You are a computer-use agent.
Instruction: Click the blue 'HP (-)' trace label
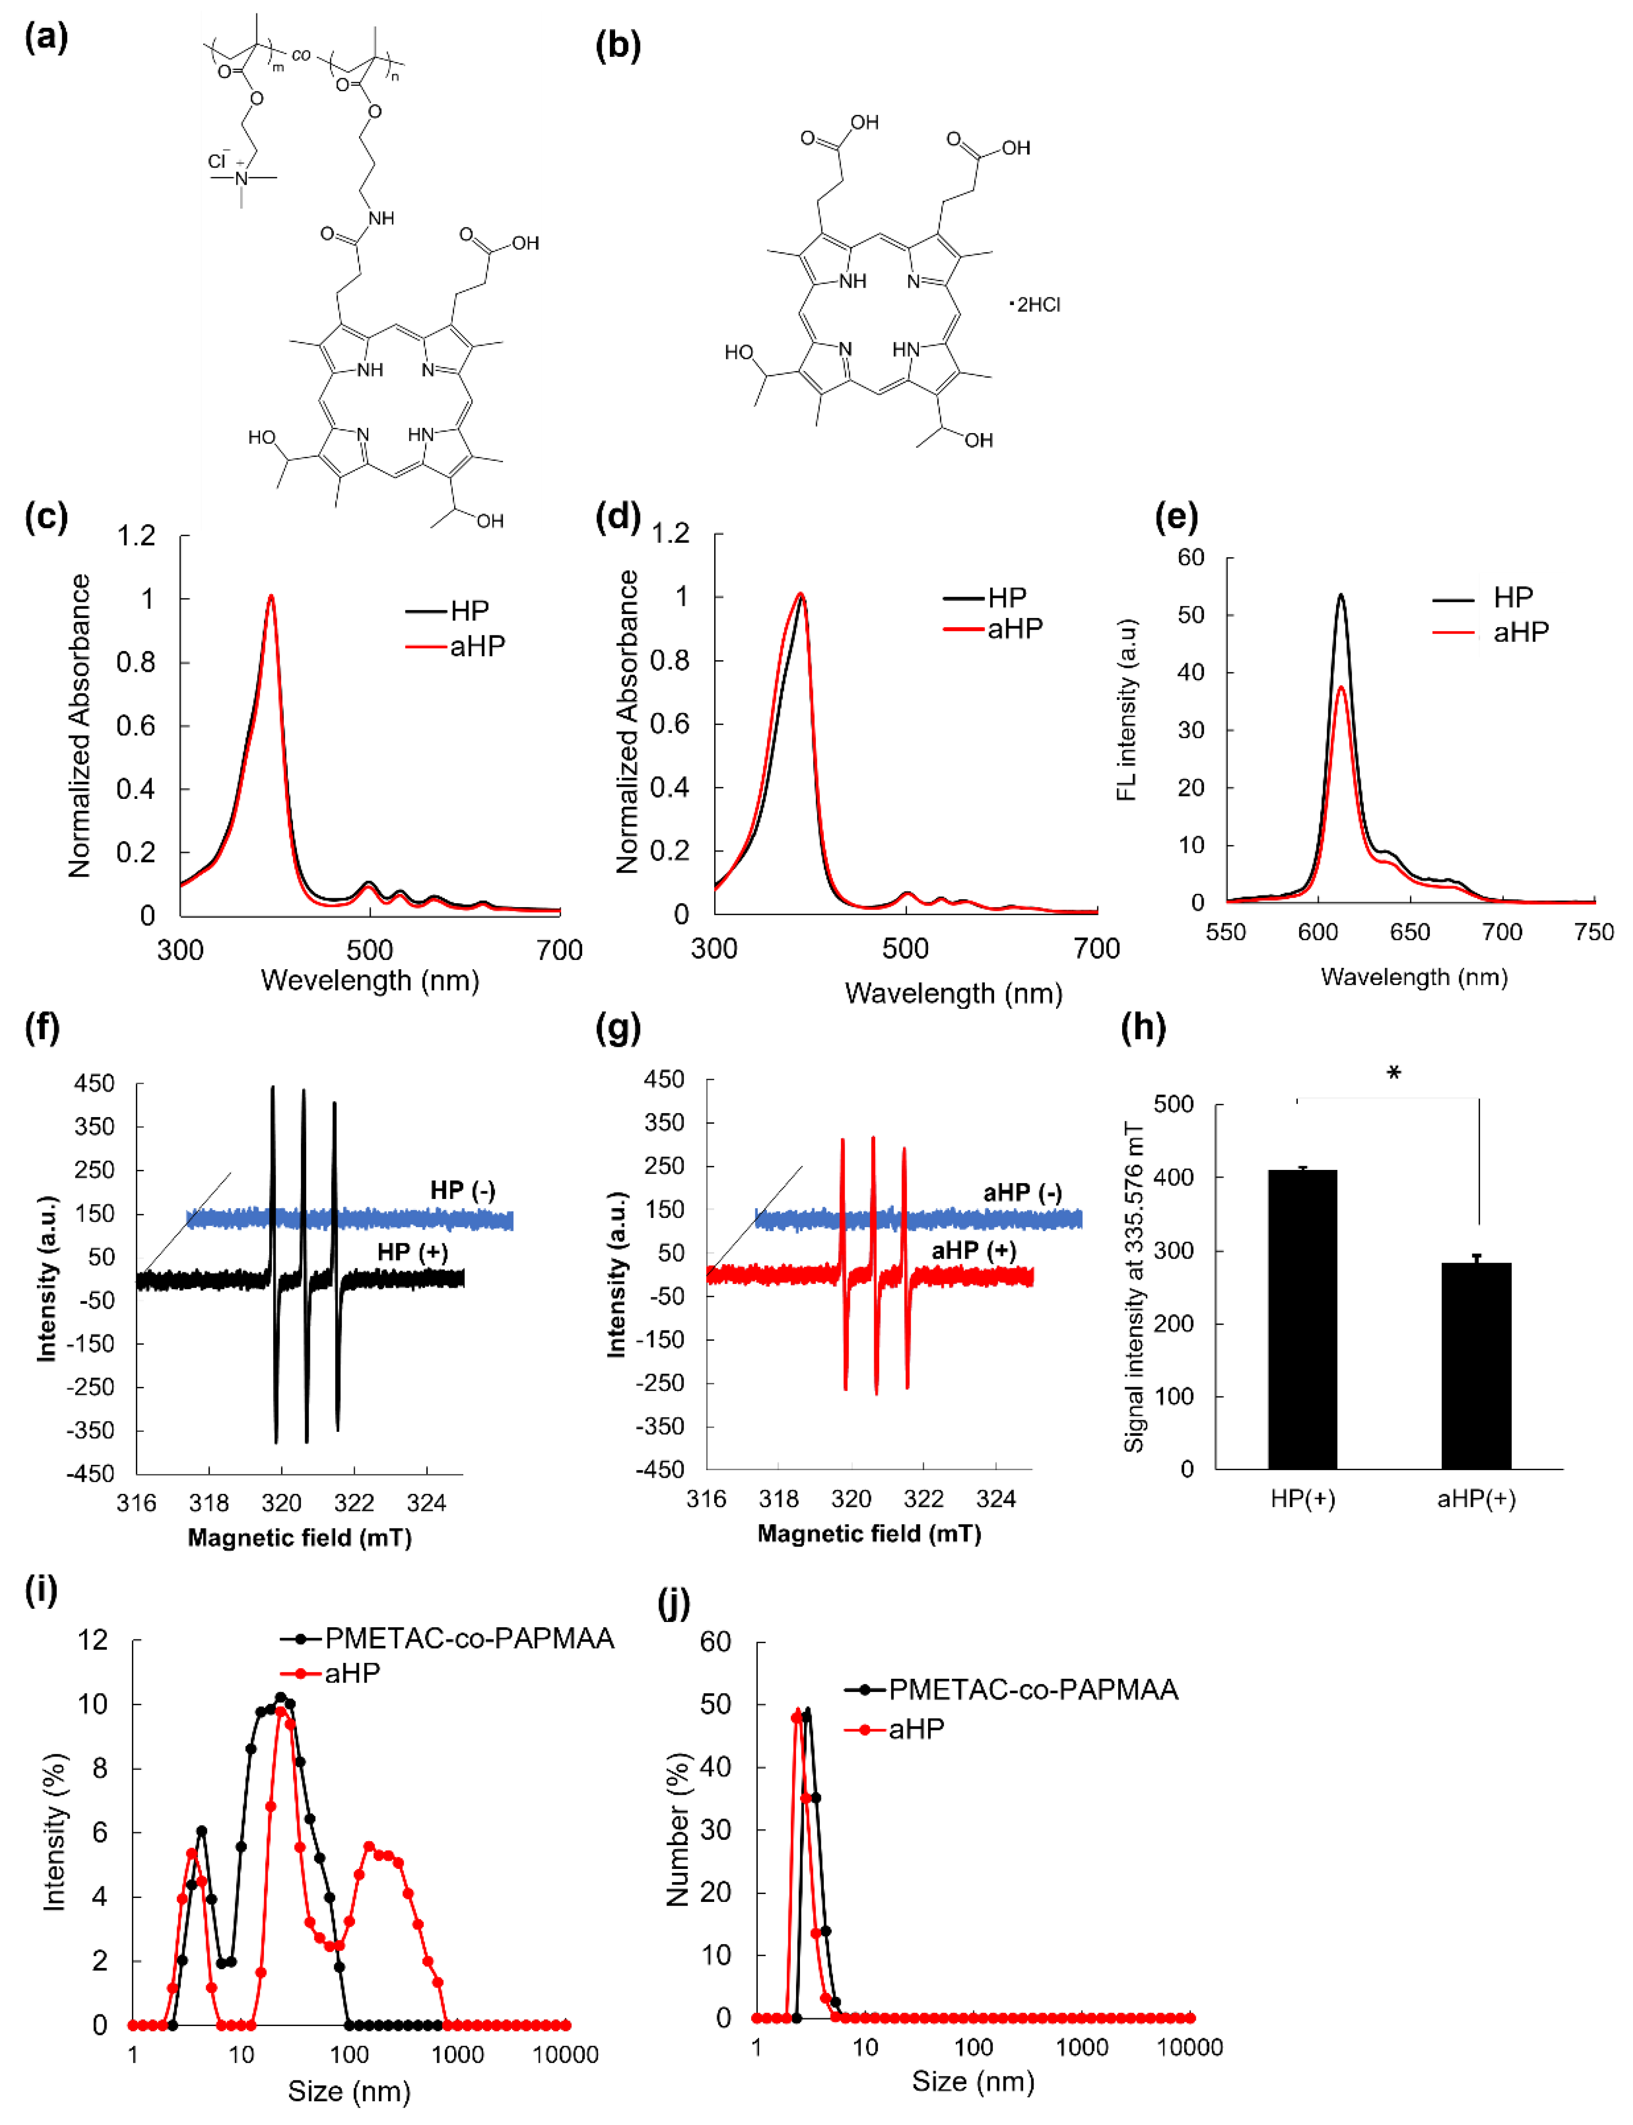[x=463, y=1190]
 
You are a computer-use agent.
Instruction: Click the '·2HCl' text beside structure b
[x=1036, y=305]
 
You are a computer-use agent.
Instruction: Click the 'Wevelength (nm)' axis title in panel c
[x=370, y=980]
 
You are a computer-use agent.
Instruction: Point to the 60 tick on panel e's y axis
[x=1191, y=558]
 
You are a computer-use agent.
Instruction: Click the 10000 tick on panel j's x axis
[x=1189, y=2047]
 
